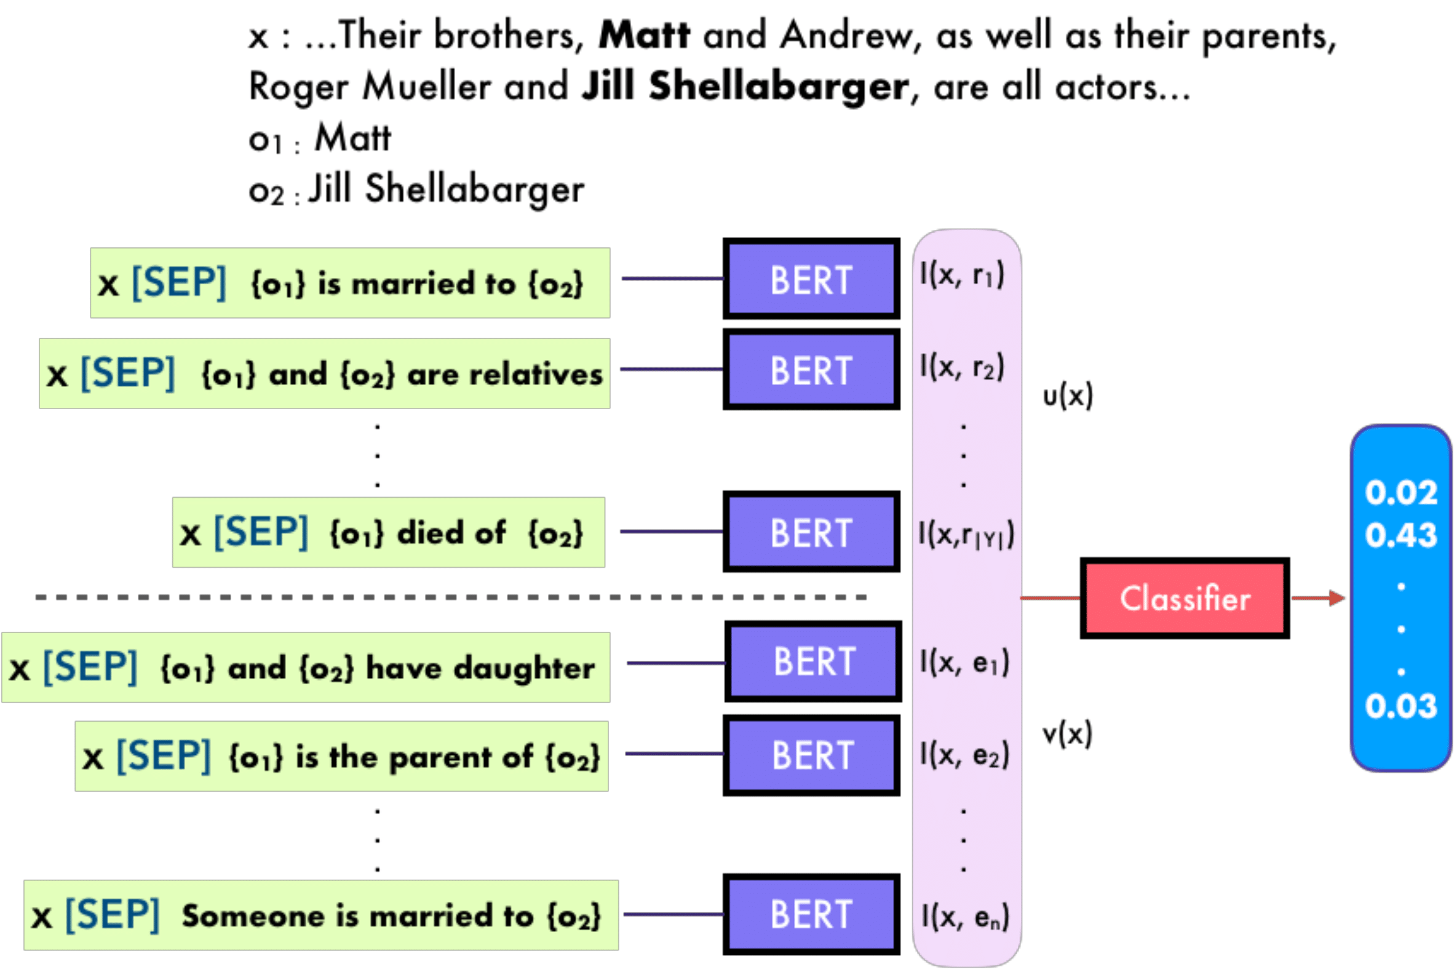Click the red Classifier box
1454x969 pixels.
1184,597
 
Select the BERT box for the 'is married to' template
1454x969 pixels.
811,279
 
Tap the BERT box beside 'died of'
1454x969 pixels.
811,532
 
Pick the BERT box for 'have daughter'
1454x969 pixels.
814,661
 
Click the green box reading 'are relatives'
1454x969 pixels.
324,373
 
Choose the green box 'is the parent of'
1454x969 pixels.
341,756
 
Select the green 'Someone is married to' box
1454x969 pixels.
321,915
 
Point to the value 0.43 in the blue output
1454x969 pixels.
1401,535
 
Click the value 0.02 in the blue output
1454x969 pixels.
1401,493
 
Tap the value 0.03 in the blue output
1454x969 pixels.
1401,706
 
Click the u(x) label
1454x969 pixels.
1067,396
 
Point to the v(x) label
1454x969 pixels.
1067,734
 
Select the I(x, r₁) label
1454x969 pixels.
963,274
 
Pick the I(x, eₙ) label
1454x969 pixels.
965,917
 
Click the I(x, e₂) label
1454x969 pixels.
965,754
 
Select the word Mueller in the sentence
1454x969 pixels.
426,87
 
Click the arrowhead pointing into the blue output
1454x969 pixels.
1337,597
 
